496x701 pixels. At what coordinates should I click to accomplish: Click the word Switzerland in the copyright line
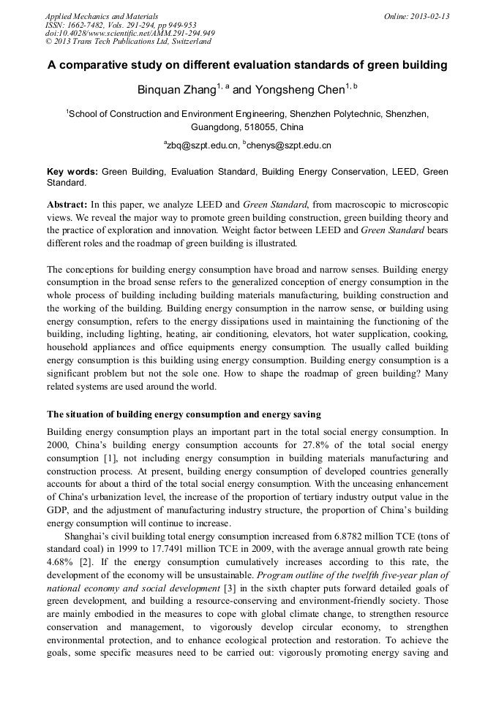[187, 42]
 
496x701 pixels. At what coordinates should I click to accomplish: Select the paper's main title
[247, 65]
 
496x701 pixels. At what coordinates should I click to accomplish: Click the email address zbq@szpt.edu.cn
[203, 145]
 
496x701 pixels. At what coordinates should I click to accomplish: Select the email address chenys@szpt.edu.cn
[289, 145]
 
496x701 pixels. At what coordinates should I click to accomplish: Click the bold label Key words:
[72, 172]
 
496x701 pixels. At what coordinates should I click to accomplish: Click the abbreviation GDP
[59, 510]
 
